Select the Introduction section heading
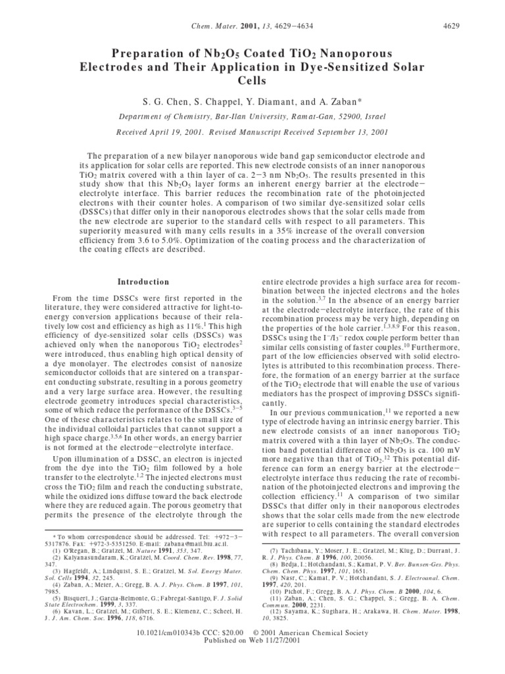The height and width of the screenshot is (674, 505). click(139, 282)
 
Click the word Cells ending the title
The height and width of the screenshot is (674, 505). click(252, 81)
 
